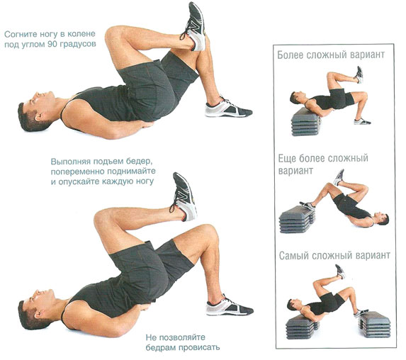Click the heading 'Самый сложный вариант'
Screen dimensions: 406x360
334,256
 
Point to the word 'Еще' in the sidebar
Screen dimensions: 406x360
287,158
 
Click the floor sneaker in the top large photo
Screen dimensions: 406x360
228,108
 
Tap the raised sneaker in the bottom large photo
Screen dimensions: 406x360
184,196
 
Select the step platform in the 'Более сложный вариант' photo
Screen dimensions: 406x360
305,122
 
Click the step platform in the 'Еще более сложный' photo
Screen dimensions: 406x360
297,219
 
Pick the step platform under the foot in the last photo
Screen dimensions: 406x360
374,324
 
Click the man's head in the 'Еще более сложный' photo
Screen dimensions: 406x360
382,219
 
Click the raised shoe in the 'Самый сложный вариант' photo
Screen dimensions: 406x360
340,271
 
